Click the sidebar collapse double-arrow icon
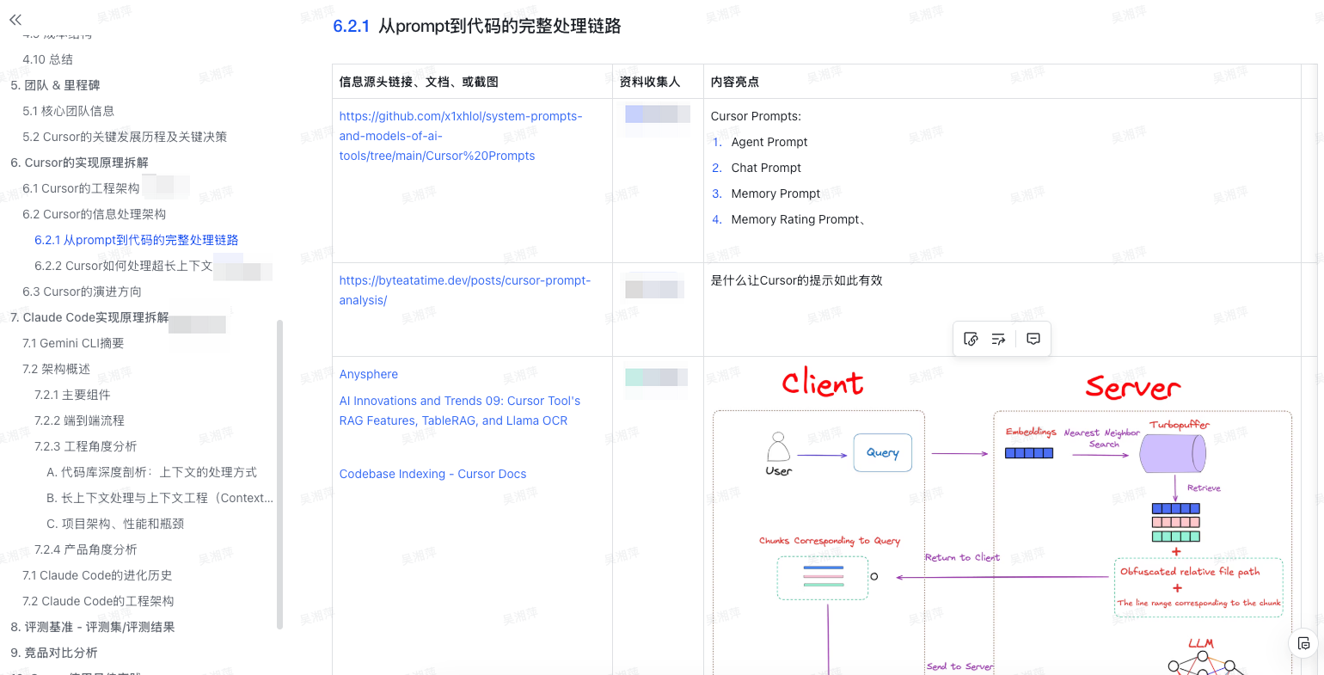(15, 19)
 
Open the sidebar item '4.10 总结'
(48, 59)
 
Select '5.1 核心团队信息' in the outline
(69, 111)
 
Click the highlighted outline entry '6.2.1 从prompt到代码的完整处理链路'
(137, 240)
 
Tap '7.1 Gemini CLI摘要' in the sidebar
(73, 343)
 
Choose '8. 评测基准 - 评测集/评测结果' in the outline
(92, 627)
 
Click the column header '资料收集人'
(650, 82)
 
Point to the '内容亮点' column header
(735, 82)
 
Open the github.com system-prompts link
(460, 136)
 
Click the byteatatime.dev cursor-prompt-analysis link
(464, 290)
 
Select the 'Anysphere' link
(369, 374)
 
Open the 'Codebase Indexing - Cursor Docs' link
(432, 474)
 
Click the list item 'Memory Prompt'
(775, 193)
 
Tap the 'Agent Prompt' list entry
(769, 142)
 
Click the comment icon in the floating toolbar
(1033, 339)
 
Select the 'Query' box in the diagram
(883, 452)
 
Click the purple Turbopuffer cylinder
(1172, 453)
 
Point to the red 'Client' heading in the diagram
(823, 383)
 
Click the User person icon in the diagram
(778, 449)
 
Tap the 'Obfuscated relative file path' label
(1190, 571)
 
